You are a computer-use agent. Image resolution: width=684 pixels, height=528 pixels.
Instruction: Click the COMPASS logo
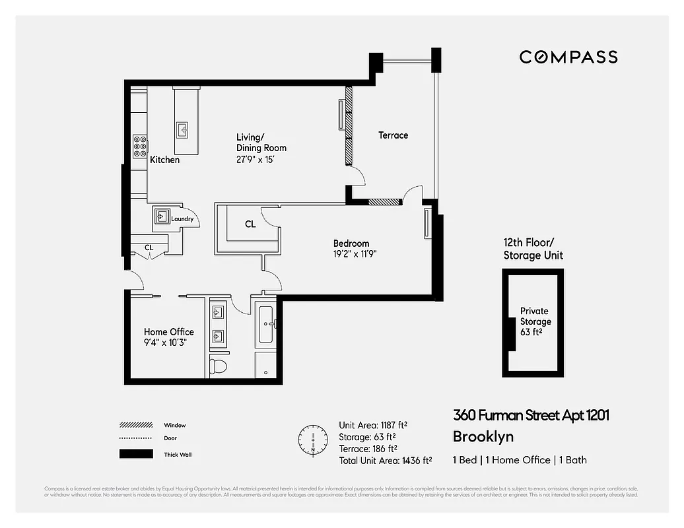pos(568,57)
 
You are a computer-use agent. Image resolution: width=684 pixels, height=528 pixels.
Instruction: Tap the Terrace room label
pos(393,135)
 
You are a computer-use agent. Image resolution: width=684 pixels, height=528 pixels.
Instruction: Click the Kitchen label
pos(164,160)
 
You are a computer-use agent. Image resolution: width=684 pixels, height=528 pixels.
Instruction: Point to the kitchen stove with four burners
pos(140,146)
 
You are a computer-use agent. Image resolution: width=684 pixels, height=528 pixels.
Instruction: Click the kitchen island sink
pos(182,128)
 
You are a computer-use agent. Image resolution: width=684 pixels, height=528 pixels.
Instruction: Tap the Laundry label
pos(182,219)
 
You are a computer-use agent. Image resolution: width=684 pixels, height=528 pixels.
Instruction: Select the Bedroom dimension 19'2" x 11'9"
pos(355,253)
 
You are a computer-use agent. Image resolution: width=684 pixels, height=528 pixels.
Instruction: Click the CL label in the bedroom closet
pos(250,224)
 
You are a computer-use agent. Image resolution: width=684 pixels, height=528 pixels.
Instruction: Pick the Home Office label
pos(169,332)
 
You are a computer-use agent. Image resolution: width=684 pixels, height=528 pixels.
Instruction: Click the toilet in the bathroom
pos(218,364)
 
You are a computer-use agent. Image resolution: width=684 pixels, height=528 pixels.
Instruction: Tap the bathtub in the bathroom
pos(266,324)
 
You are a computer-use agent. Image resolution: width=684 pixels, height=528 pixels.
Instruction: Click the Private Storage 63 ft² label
pos(535,321)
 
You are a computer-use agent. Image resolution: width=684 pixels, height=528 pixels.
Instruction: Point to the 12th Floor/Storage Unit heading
pos(533,249)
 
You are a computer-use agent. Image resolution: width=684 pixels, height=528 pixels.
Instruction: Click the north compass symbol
pos(313,440)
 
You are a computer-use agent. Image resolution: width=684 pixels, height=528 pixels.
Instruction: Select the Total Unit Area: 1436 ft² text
pos(385,461)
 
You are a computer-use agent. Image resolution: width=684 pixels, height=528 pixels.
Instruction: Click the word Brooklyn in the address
pos(483,436)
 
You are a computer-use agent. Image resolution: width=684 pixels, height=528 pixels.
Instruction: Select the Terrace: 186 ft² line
pos(368,449)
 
